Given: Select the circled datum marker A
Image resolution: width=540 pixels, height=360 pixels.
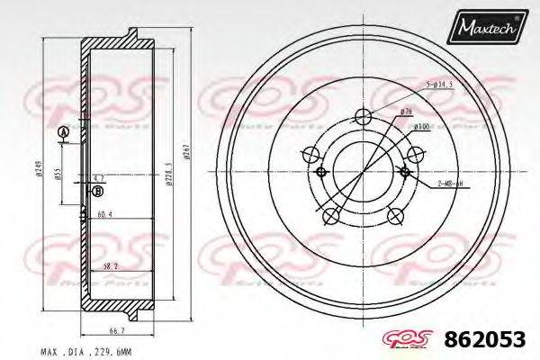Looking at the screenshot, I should pyautogui.click(x=62, y=134).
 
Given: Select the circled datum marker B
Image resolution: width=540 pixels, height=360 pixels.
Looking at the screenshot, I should pyautogui.click(x=98, y=191).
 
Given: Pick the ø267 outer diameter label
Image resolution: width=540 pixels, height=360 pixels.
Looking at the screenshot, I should pyautogui.click(x=186, y=153).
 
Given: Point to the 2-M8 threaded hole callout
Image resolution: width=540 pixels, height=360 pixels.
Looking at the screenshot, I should pyautogui.click(x=448, y=183).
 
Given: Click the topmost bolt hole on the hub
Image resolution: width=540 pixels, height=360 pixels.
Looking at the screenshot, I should pyautogui.click(x=363, y=116).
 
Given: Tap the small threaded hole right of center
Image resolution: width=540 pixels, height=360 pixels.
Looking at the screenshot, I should pyautogui.click(x=405, y=171).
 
